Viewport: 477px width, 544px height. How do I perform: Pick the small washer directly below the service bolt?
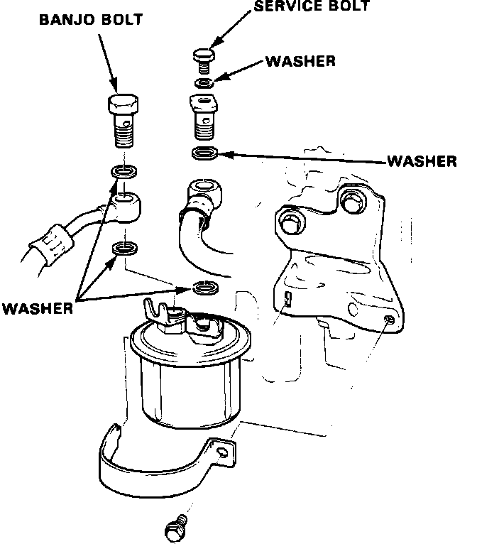[205, 83]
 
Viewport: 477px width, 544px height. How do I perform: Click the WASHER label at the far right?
[422, 162]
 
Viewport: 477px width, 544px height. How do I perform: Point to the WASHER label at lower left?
[37, 308]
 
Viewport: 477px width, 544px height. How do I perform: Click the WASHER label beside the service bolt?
[300, 61]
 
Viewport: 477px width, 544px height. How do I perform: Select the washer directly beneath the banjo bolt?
[125, 173]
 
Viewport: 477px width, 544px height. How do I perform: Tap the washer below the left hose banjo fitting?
[125, 249]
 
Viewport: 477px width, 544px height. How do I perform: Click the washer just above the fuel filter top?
[205, 288]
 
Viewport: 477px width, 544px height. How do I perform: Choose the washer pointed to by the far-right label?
[205, 153]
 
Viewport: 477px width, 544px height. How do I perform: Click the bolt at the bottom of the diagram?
[175, 529]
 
